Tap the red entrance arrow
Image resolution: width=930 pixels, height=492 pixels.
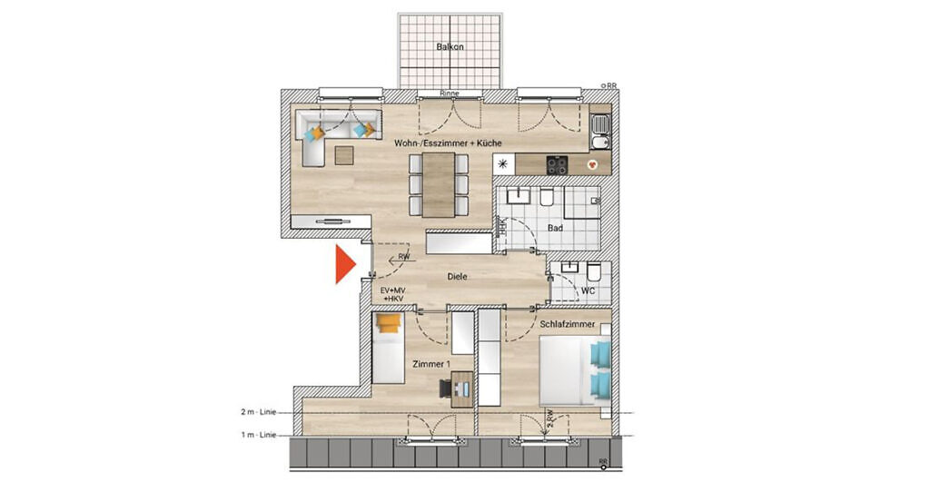click(x=344, y=265)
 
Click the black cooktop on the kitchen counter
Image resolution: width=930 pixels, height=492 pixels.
click(x=556, y=164)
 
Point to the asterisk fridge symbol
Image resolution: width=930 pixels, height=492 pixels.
click(x=503, y=164)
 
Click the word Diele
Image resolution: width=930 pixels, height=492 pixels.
click(x=457, y=277)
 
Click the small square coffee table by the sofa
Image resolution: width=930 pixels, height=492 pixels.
click(x=345, y=155)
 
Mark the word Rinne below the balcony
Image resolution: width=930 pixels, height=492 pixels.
click(x=448, y=93)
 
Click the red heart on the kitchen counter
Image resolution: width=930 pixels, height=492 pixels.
click(x=592, y=165)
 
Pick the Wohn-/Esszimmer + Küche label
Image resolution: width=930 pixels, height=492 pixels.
click(x=447, y=143)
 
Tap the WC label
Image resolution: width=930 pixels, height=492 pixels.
click(x=587, y=291)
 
